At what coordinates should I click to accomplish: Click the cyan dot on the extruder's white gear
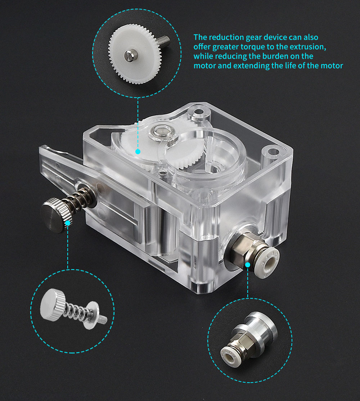(138, 152)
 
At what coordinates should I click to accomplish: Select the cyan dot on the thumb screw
(67, 223)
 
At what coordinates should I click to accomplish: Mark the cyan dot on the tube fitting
(248, 265)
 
